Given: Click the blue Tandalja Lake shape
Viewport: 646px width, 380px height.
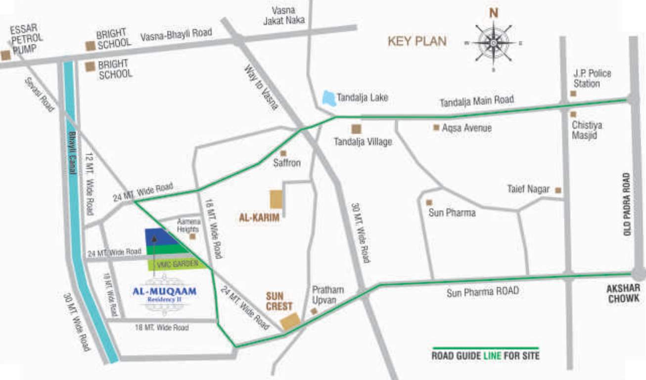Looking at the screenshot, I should tap(329, 98).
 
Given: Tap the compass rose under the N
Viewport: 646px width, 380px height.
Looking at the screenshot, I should tap(493, 43).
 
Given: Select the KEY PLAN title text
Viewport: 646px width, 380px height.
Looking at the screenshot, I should tap(417, 41).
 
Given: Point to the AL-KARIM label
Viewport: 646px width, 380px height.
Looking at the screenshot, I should tap(259, 217).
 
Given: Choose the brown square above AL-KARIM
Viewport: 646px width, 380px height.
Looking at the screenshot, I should tap(276, 199).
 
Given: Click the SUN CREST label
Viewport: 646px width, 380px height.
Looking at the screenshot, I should tap(279, 301).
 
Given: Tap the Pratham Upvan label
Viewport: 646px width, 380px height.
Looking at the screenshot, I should tap(327, 295).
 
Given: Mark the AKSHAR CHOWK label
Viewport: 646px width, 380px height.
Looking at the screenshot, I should tap(624, 293).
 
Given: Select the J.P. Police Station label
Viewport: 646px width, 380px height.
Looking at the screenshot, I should tap(592, 78).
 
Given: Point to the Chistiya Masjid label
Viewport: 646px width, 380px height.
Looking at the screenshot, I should tap(587, 130).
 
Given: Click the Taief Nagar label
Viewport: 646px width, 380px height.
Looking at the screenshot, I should tap(528, 189).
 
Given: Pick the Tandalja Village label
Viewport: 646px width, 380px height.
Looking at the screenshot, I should tap(363, 142).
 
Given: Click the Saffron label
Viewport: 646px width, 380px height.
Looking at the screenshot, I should tap(287, 163).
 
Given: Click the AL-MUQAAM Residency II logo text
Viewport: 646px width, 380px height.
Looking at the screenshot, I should tap(165, 293).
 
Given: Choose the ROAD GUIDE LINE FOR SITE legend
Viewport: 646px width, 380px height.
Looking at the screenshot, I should tap(485, 355).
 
